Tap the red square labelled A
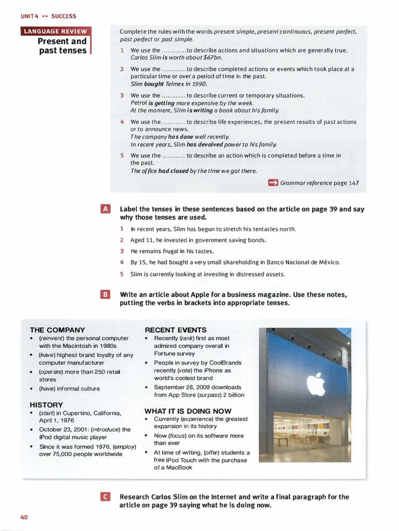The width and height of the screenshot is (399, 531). click(x=105, y=209)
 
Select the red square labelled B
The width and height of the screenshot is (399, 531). click(x=105, y=295)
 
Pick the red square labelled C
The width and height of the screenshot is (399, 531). click(x=105, y=497)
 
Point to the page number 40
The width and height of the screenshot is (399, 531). click(x=24, y=517)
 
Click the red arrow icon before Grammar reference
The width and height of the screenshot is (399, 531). click(x=273, y=183)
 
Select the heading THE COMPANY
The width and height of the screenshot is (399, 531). click(x=57, y=330)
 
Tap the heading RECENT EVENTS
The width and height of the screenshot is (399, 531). click(x=176, y=330)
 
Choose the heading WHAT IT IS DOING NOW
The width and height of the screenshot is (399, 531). click(x=188, y=411)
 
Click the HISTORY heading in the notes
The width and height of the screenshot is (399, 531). click(x=46, y=404)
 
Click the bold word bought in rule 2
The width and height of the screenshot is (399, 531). click(x=154, y=84)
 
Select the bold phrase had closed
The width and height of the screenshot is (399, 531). click(x=174, y=171)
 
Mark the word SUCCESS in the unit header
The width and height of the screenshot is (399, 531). click(x=63, y=17)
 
